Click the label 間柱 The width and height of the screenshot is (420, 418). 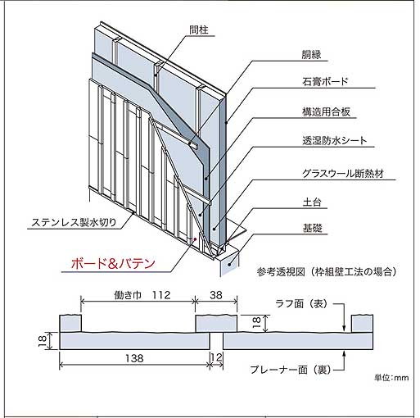pos(199,30)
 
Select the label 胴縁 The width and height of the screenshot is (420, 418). pos(311,55)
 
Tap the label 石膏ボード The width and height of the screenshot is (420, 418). pos(325,81)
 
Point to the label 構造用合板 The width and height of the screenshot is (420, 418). pos(326,111)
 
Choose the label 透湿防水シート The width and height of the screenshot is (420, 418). pos(335,141)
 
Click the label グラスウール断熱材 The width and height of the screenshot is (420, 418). pos(343,174)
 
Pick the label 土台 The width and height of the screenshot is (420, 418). pos(312,202)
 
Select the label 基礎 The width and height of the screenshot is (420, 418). pos(312,228)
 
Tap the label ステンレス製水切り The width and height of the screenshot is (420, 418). pos(74,222)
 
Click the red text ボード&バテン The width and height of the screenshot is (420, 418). pos(113,264)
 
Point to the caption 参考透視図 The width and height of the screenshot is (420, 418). pos(281,272)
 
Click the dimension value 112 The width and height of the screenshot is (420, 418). pos(161,295)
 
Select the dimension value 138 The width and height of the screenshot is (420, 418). pos(134,358)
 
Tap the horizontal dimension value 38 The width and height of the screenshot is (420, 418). pos(216,295)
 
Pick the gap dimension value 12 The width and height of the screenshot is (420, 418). pos(216,357)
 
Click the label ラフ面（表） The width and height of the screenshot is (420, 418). pos(301,304)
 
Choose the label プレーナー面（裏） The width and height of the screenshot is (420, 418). pos(291,370)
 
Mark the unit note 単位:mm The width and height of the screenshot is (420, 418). pos(391,378)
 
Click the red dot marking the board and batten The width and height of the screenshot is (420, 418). pos(195,239)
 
